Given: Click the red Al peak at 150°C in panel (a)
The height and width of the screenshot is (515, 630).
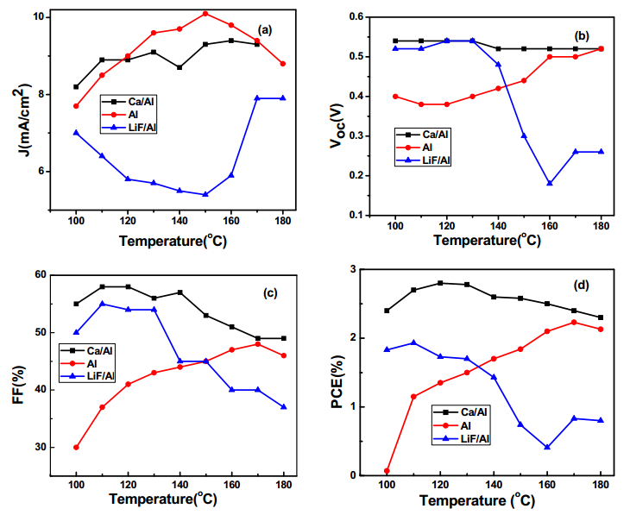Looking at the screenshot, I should tap(205, 14).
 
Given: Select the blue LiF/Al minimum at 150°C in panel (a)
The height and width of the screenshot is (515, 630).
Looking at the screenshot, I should tap(205, 194).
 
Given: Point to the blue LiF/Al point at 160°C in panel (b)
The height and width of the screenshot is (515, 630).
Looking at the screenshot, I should tap(550, 183).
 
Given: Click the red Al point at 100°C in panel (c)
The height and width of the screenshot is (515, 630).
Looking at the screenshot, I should tap(76, 447).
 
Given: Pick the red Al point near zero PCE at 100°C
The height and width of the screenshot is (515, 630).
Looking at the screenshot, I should tap(387, 471).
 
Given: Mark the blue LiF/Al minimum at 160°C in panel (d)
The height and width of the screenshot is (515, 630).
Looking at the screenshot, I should tap(548, 447).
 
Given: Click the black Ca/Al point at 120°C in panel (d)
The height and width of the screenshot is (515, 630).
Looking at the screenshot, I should tap(440, 283).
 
